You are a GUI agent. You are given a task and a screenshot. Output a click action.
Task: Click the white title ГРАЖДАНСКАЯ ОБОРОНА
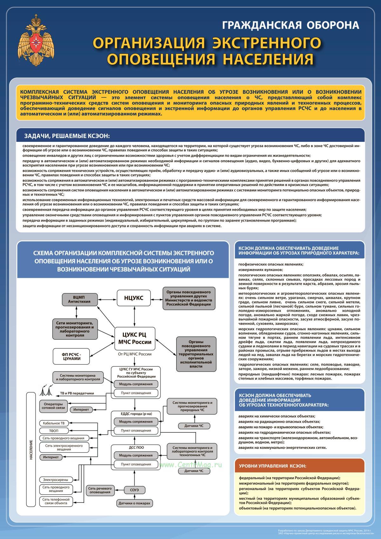[x=291, y=25]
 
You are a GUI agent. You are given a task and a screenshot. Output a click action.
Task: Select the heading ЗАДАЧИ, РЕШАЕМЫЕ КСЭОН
[x=67, y=136]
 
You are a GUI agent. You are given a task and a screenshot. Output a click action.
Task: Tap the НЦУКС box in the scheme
[x=133, y=298]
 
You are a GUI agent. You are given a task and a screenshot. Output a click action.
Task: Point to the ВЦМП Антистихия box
[x=79, y=299]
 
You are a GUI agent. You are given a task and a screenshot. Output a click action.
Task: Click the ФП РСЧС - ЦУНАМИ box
[x=71, y=356]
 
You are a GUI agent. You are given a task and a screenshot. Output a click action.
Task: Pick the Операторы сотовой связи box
[x=53, y=406]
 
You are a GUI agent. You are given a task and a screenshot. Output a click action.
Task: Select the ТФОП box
[x=54, y=431]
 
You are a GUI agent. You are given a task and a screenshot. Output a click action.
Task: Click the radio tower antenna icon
[x=46, y=391]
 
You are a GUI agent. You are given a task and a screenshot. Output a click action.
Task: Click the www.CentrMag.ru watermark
[x=190, y=465]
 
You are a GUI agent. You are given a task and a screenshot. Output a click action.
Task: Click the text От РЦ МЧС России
[x=135, y=354]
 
